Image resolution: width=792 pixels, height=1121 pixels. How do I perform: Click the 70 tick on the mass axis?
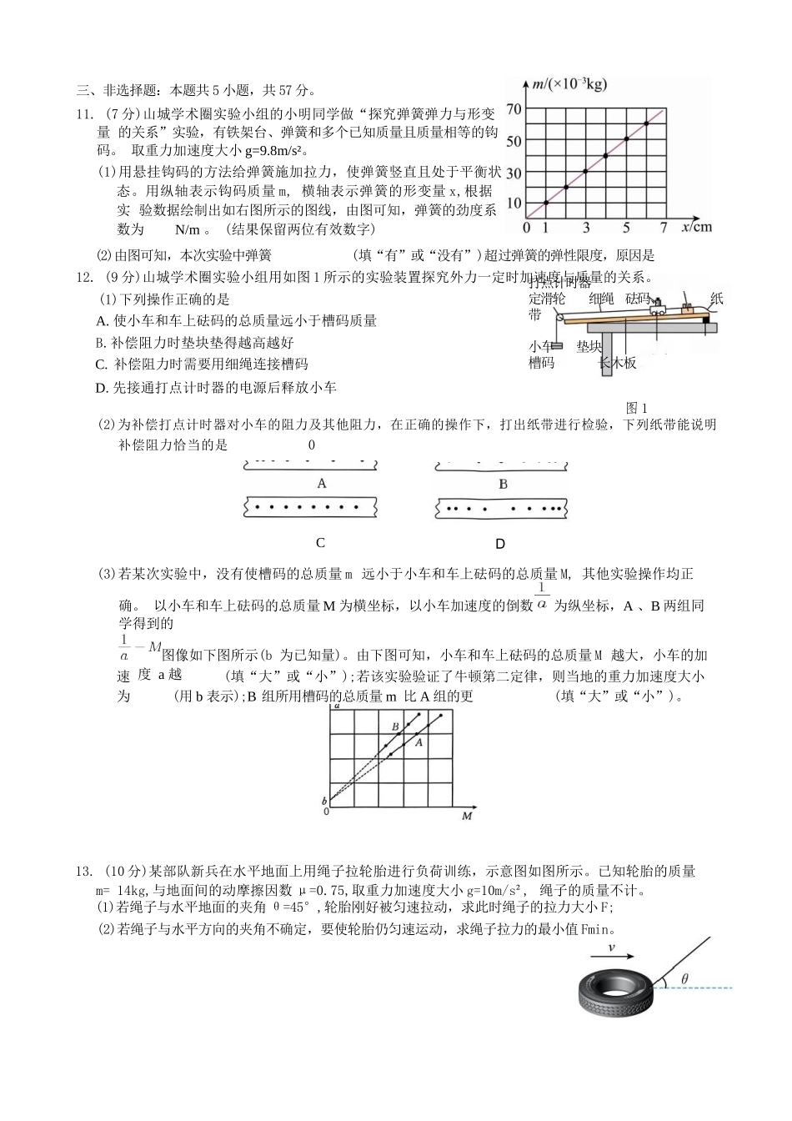pos(514,109)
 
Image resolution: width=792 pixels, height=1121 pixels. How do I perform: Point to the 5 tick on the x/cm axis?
pos(626,228)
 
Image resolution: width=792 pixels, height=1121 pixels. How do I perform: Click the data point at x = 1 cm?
pos(545,203)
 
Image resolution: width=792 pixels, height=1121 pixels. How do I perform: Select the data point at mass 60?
pos(646,123)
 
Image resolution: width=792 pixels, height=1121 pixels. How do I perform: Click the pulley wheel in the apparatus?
pos(558,315)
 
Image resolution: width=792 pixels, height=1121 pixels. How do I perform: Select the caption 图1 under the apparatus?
pos(636,408)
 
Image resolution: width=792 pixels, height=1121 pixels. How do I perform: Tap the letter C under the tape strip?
pos(320,543)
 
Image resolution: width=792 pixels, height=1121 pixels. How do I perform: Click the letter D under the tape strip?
pos(500,544)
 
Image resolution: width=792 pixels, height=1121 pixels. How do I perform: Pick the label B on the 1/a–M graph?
pos(395,726)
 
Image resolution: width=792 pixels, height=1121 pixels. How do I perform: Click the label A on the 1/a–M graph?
pos(419,741)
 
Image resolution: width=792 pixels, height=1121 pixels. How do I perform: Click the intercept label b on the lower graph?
pos(324,800)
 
